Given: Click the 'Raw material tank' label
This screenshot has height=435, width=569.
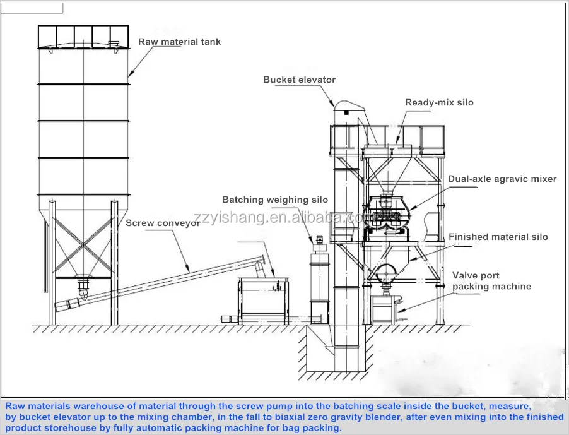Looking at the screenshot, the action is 179,42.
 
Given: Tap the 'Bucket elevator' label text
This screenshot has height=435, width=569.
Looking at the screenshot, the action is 300,80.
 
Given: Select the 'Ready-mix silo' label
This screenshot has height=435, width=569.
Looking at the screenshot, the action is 439,103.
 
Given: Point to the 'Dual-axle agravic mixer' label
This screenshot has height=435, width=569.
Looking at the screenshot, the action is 502,179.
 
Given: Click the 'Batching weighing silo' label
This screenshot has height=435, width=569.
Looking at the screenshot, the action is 275,200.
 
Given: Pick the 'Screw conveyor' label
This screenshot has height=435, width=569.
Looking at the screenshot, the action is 163,223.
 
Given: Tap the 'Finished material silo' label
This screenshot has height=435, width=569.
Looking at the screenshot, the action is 498,237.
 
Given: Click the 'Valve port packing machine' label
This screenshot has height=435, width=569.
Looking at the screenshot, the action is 491,281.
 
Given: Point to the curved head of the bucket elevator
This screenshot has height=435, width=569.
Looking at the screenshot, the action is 348,105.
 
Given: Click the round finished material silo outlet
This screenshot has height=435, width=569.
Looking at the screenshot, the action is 386,273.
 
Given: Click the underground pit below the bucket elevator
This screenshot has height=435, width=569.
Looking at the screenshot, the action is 336,349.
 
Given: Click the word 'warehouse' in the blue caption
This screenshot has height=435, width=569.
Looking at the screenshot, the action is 103,407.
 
